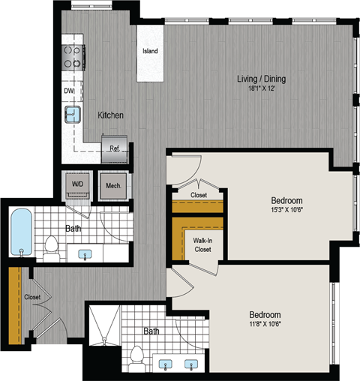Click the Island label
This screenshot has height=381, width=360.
pyautogui.click(x=148, y=52)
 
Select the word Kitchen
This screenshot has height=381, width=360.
pyautogui.click(x=110, y=115)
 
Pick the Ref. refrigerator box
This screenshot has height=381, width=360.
pyautogui.click(x=115, y=148)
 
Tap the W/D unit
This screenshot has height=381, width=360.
pyautogui.click(x=77, y=184)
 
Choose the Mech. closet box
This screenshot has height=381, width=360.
pyautogui.click(x=114, y=185)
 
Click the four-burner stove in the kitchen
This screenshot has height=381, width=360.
pyautogui.click(x=73, y=57)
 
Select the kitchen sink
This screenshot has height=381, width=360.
pyautogui.click(x=73, y=114)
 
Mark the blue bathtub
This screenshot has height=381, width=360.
pyautogui.click(x=21, y=232)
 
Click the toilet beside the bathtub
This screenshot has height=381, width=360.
pyautogui.click(x=52, y=246)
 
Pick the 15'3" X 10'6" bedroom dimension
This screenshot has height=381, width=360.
pyautogui.click(x=286, y=211)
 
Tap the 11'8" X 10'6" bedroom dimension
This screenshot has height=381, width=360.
pyautogui.click(x=265, y=324)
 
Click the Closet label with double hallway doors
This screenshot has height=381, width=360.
pyautogui.click(x=31, y=296)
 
